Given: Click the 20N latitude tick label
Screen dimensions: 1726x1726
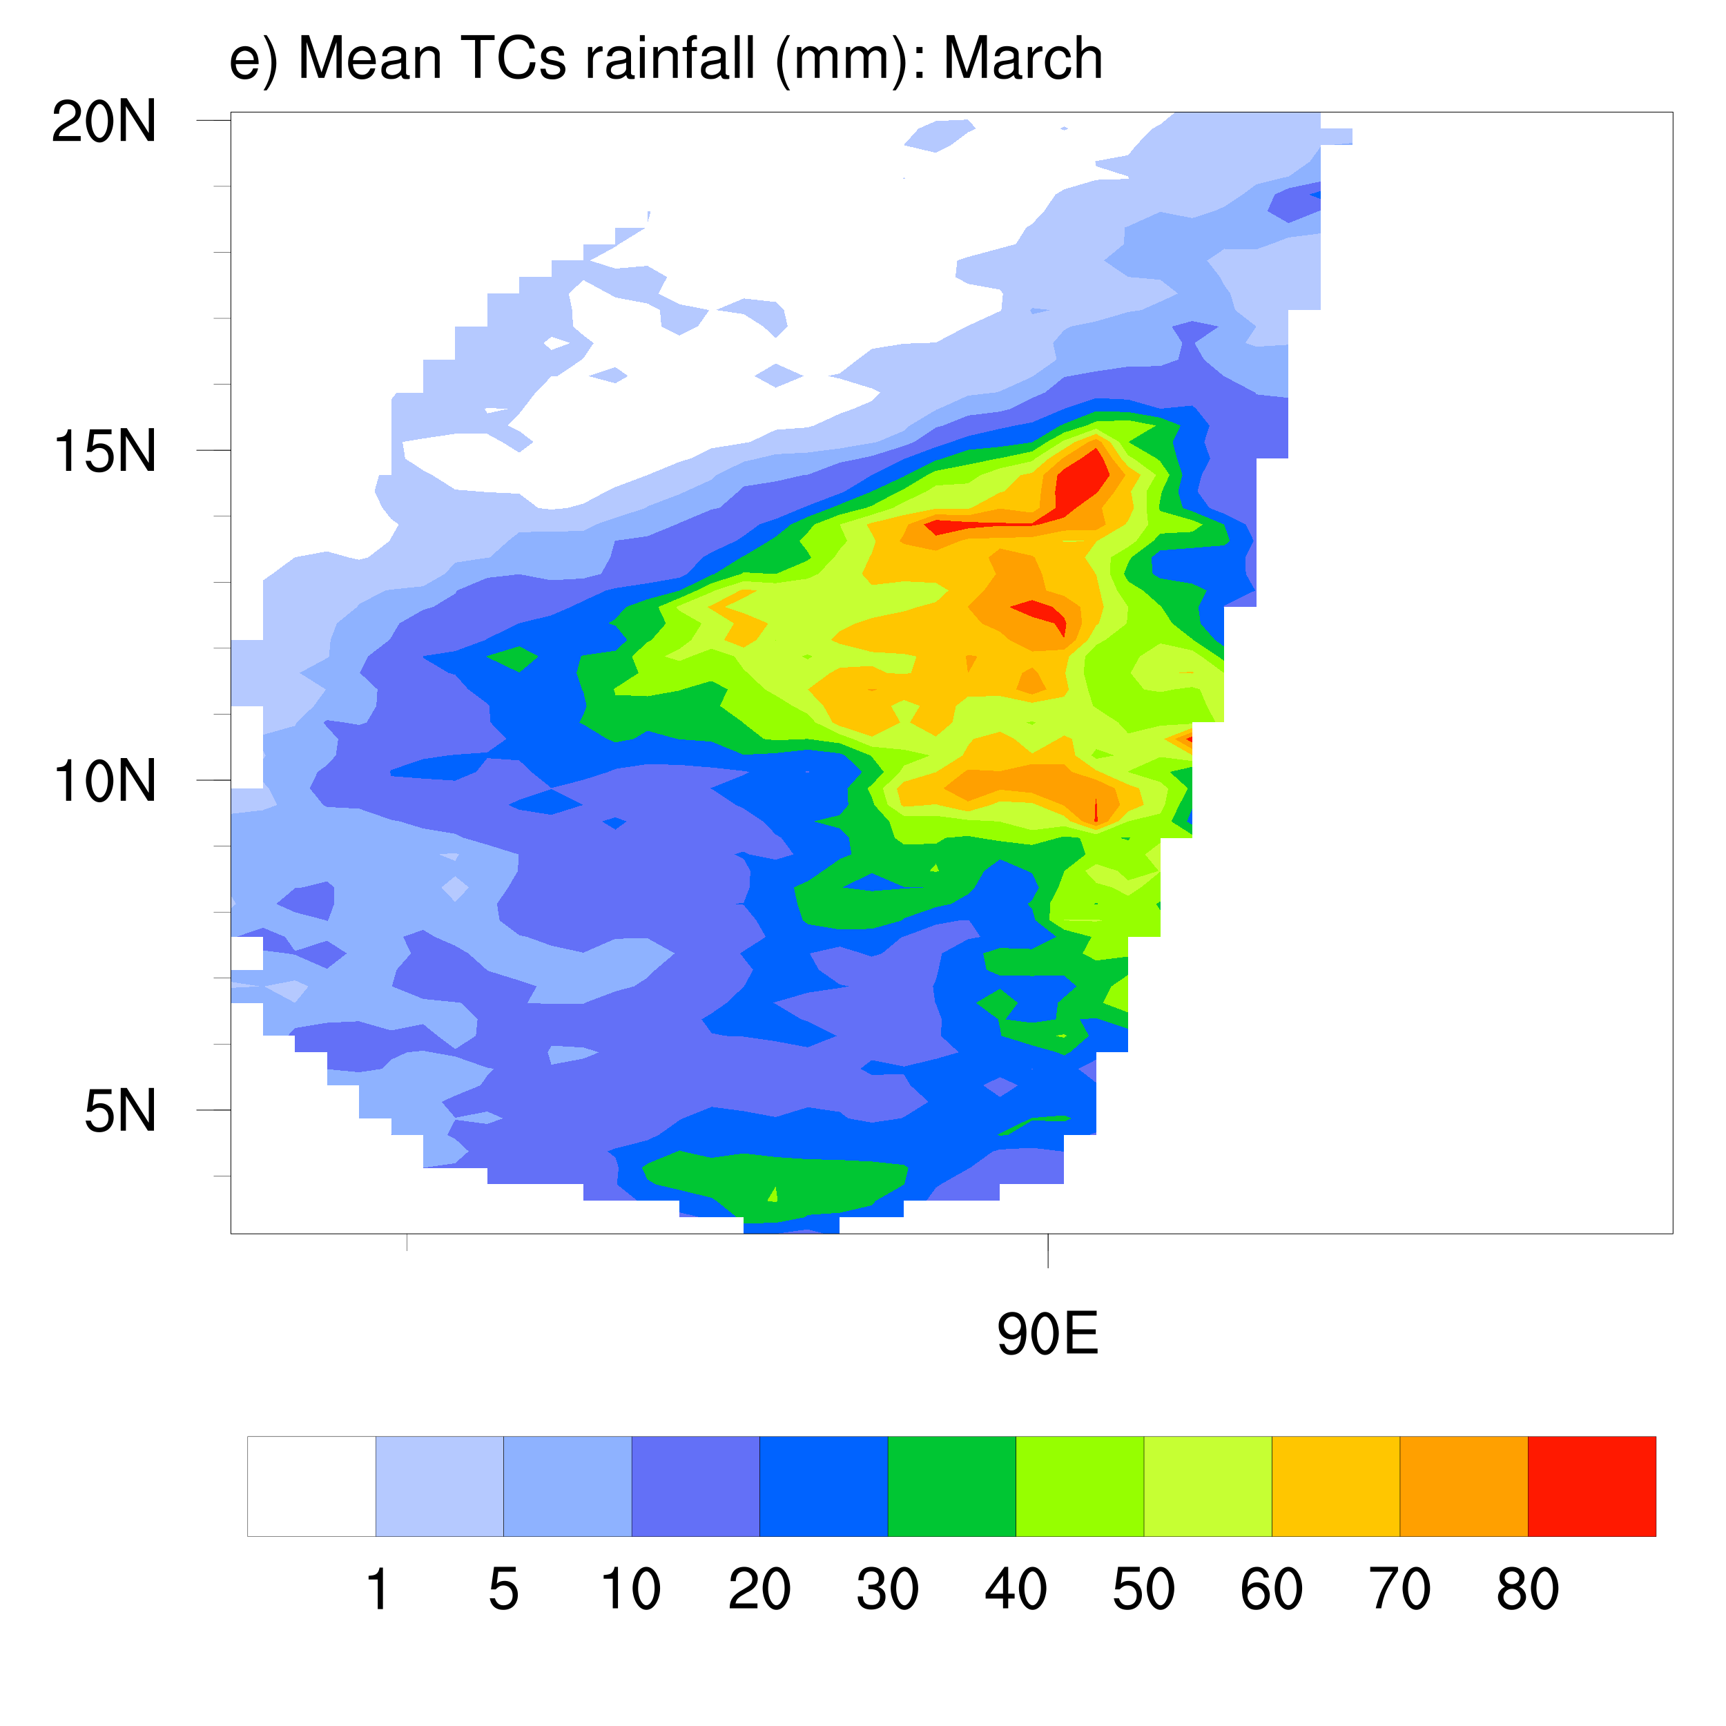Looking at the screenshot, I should [x=104, y=122].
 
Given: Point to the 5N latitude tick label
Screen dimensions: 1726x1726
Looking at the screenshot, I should [x=119, y=1112].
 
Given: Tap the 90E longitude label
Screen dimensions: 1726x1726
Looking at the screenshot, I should [x=1047, y=1335].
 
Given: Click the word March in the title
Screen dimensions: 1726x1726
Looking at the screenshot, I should [x=1023, y=59].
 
